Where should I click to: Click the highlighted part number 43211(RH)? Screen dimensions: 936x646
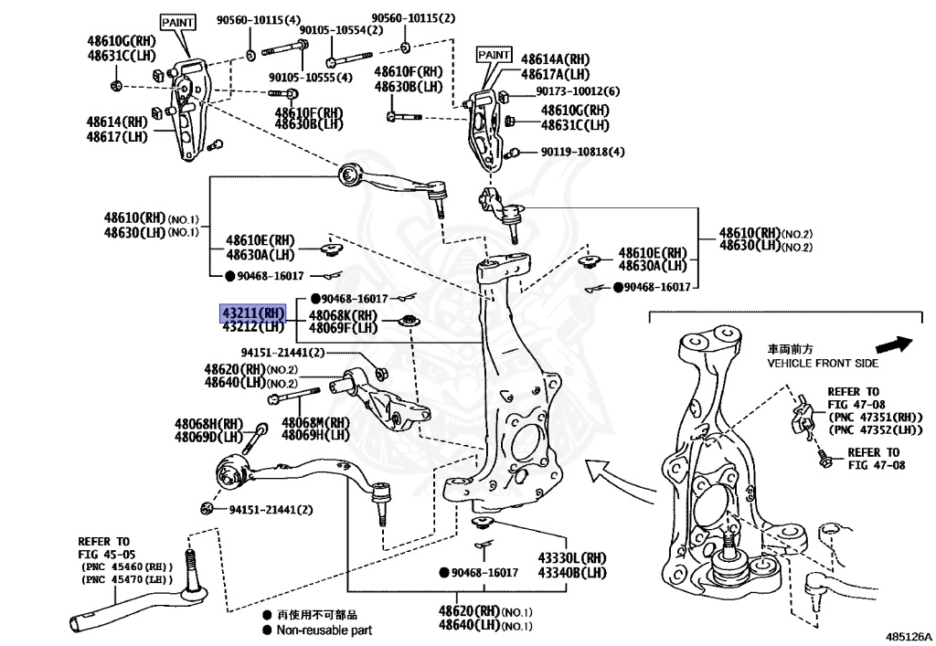click(254, 312)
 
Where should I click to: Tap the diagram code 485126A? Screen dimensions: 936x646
click(909, 637)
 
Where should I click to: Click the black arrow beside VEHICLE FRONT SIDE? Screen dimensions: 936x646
click(894, 344)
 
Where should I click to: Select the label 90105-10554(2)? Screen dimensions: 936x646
click(342, 30)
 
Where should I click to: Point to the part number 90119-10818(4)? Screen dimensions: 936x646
click(582, 152)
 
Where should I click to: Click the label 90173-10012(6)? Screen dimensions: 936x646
click(578, 91)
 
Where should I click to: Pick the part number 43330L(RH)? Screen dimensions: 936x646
click(572, 558)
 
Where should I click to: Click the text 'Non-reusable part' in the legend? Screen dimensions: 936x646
click(324, 630)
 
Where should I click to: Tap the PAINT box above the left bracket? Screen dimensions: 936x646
click(178, 22)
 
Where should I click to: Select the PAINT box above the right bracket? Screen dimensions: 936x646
click(495, 55)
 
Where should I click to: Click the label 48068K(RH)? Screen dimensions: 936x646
click(343, 315)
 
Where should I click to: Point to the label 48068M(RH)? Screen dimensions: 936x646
click(315, 422)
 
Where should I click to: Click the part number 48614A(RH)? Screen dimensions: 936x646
click(555, 59)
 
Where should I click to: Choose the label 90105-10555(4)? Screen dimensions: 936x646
click(311, 78)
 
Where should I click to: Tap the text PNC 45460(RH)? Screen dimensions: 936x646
click(126, 567)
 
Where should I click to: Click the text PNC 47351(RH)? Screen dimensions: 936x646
click(876, 418)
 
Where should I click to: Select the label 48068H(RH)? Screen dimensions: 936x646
click(208, 423)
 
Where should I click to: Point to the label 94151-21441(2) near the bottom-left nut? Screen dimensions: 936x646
click(271, 510)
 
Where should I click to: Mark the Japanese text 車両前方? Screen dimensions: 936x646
click(791, 349)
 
